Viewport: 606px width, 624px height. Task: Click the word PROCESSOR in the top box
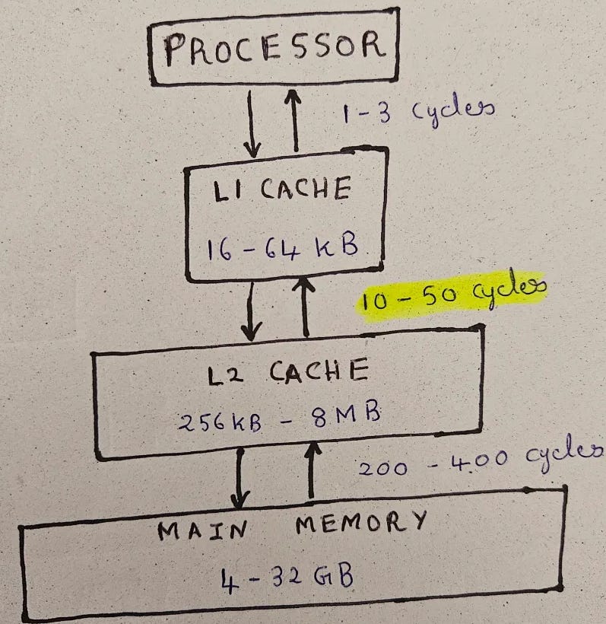click(274, 49)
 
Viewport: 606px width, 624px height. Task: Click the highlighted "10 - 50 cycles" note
click(453, 295)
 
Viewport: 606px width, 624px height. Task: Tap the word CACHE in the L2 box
click(319, 372)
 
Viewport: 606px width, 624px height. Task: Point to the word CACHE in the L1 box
click(305, 188)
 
